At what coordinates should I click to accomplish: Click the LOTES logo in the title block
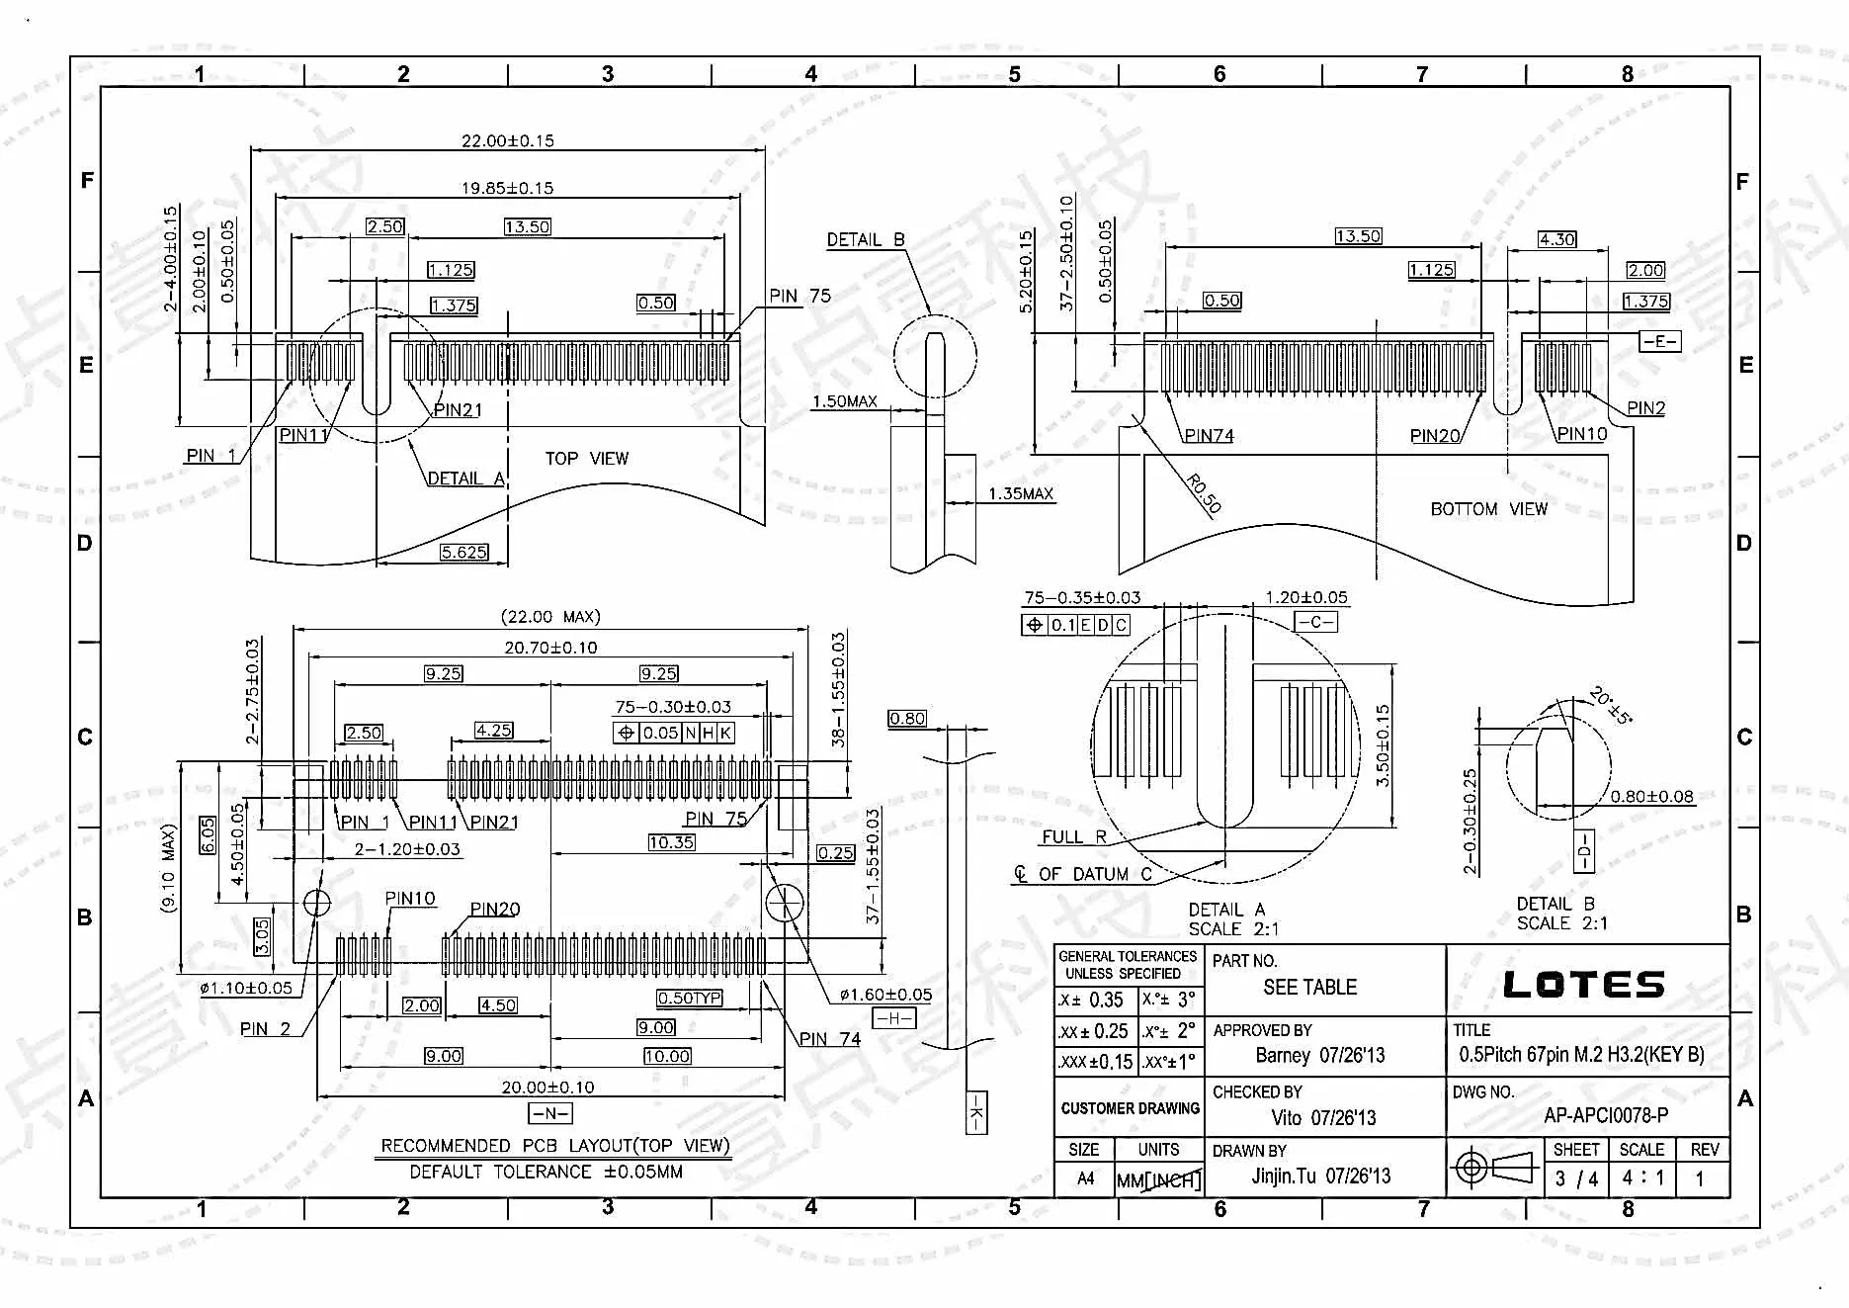(x=1583, y=985)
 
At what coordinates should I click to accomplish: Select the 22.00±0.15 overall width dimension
(x=508, y=140)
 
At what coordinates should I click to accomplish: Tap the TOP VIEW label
(x=587, y=458)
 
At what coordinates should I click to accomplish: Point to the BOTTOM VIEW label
(x=1488, y=508)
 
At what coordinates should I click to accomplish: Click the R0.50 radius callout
(x=1204, y=493)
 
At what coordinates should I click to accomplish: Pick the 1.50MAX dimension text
(x=845, y=401)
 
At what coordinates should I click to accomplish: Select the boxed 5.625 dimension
(x=464, y=552)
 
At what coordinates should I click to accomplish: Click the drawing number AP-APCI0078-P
(x=1606, y=1115)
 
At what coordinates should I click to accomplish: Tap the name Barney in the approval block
(x=1283, y=1055)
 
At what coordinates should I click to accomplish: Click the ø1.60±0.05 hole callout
(x=885, y=995)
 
